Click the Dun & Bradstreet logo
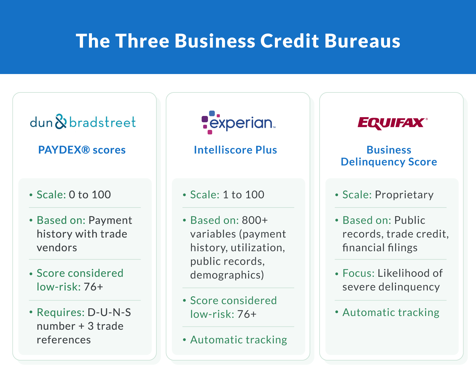(x=83, y=122)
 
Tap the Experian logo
(x=238, y=122)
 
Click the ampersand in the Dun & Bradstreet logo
(x=61, y=122)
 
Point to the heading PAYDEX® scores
(x=82, y=150)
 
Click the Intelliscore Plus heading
(x=235, y=150)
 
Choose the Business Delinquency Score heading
(x=389, y=156)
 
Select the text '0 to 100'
(x=90, y=195)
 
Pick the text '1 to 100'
(x=243, y=195)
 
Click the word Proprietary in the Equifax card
(x=404, y=195)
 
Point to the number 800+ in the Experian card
(x=255, y=220)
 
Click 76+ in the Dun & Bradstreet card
(x=93, y=287)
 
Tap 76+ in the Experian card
(x=247, y=314)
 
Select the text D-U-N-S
(x=109, y=312)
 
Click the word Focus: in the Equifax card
(x=358, y=273)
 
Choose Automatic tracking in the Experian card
(x=239, y=340)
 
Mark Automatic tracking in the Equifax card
(x=391, y=312)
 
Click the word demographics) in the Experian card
(x=227, y=275)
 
